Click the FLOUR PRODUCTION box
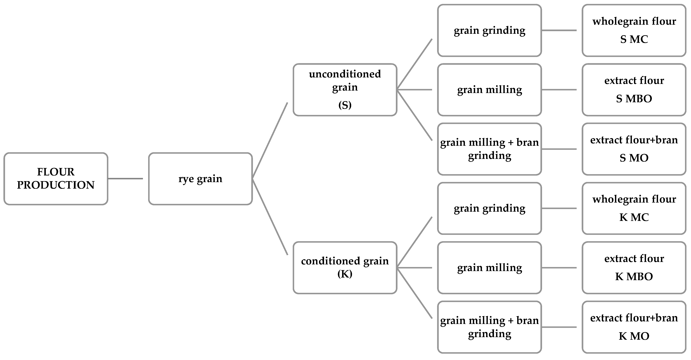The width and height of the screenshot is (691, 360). (56, 179)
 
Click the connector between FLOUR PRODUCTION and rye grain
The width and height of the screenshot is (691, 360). (125, 179)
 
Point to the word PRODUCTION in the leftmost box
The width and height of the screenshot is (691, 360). (56, 185)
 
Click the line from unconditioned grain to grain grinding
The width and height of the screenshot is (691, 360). (414, 64)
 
